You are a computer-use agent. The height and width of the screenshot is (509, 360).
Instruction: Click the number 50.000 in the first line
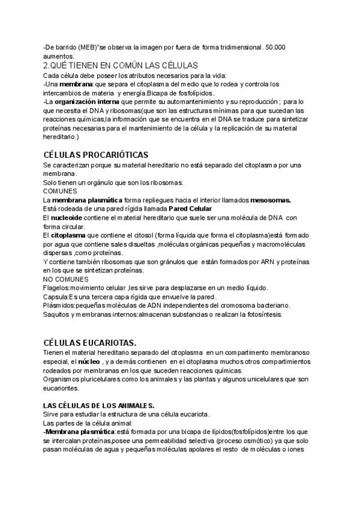click(x=275, y=47)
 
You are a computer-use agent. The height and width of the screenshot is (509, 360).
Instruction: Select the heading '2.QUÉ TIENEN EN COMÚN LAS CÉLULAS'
click(x=121, y=65)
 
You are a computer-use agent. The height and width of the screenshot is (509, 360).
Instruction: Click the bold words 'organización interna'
click(x=86, y=102)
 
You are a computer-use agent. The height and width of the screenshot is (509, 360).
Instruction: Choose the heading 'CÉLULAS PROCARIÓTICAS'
click(x=96, y=154)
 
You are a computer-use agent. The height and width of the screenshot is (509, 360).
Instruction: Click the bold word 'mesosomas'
click(x=271, y=199)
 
